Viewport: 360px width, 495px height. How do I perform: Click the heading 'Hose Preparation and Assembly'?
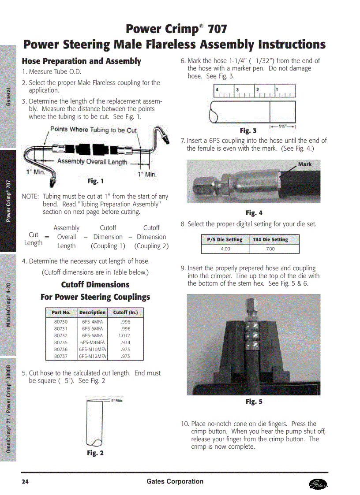pyautogui.click(x=82, y=61)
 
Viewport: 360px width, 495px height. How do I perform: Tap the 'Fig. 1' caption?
pyautogui.click(x=96, y=181)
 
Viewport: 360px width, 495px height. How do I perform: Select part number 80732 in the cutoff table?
pyautogui.click(x=61, y=335)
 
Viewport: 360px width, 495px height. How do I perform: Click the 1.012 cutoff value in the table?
pyautogui.click(x=125, y=335)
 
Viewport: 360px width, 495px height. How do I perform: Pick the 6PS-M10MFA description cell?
pyautogui.click(x=92, y=349)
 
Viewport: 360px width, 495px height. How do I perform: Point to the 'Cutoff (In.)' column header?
pyautogui.click(x=125, y=313)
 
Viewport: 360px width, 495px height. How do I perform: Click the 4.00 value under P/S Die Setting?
pyautogui.click(x=225, y=249)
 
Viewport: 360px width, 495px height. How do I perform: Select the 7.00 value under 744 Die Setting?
pyautogui.click(x=270, y=249)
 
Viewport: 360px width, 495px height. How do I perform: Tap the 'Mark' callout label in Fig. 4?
pyautogui.click(x=304, y=164)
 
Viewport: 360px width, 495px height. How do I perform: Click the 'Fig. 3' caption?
pyautogui.click(x=248, y=130)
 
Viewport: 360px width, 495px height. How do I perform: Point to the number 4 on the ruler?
pyautogui.click(x=217, y=89)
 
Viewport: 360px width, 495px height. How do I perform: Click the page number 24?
pyautogui.click(x=26, y=481)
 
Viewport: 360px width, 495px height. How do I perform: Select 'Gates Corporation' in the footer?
pyautogui.click(x=175, y=481)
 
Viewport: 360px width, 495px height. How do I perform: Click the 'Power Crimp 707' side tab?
pyautogui.click(x=8, y=201)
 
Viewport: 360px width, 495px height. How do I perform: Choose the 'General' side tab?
pyautogui.click(x=8, y=97)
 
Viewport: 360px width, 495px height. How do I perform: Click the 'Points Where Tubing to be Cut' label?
pyautogui.click(x=94, y=130)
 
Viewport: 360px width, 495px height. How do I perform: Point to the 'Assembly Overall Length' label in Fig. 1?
pyautogui.click(x=92, y=162)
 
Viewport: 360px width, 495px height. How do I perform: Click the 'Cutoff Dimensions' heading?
pyautogui.click(x=95, y=285)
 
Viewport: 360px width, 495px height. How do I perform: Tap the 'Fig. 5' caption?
pyautogui.click(x=254, y=402)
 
